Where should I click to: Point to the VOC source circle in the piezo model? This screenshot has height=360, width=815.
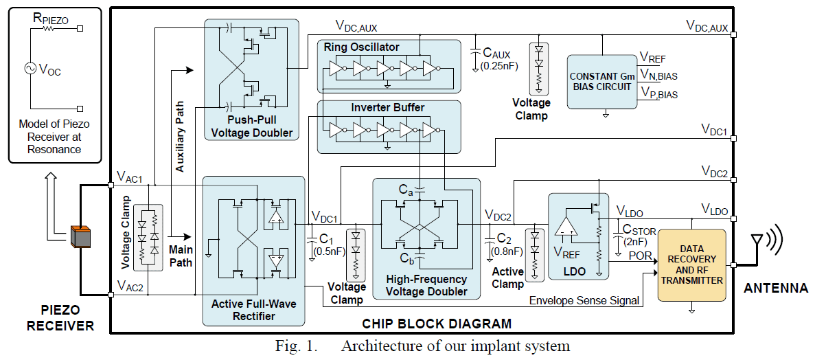(x=32, y=69)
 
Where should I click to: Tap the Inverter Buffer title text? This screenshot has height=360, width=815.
(x=387, y=108)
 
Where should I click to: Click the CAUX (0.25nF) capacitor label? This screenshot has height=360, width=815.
(x=496, y=59)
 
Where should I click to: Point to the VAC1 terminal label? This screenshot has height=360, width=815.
(x=130, y=178)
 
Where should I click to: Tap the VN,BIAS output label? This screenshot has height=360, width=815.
(x=658, y=75)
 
